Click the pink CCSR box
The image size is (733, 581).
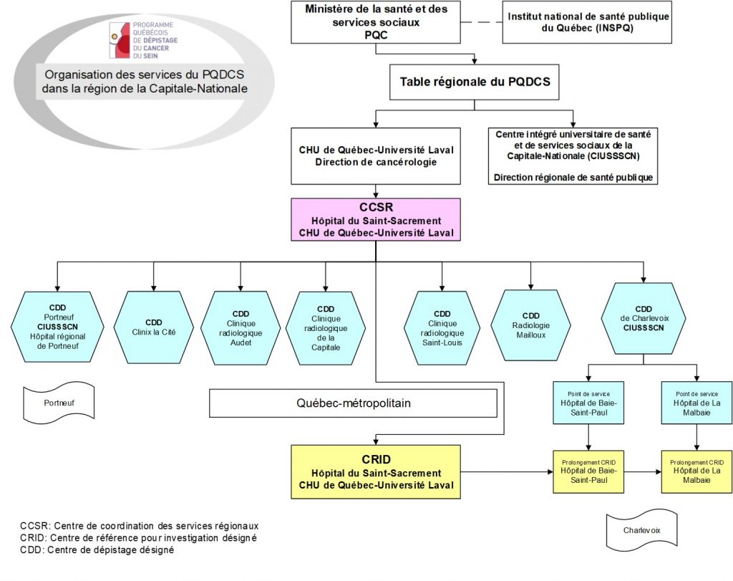click(x=376, y=220)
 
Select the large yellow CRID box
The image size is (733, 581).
click(x=376, y=471)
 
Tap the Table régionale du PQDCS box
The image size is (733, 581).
click(x=474, y=82)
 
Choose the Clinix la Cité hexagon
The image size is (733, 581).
click(x=154, y=327)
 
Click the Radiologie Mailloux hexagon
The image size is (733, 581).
click(x=530, y=325)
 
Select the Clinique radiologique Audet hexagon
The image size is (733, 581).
click(x=241, y=327)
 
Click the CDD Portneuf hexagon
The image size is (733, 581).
click(x=57, y=327)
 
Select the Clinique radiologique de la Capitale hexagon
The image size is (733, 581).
click(x=326, y=328)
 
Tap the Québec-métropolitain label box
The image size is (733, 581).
click(x=353, y=403)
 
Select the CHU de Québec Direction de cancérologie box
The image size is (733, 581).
click(x=376, y=155)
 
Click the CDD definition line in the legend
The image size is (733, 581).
click(x=97, y=550)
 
